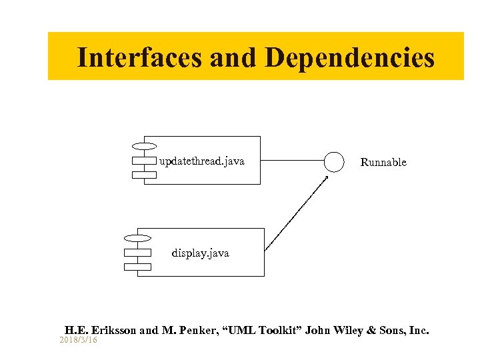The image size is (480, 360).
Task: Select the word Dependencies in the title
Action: (x=349, y=57)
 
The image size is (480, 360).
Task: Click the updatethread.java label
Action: (x=201, y=161)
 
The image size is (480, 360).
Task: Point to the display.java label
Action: (x=200, y=253)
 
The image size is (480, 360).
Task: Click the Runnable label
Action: (x=383, y=163)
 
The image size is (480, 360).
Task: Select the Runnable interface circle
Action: (x=333, y=161)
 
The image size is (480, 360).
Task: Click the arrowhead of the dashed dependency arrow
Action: (x=326, y=178)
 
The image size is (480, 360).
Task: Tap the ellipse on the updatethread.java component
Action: (x=144, y=145)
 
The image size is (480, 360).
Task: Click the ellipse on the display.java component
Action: (x=137, y=238)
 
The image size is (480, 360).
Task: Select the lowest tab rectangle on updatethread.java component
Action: (x=144, y=175)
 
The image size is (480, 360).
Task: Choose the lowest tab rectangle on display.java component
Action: (x=137, y=267)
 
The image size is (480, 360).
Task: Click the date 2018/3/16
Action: (x=78, y=340)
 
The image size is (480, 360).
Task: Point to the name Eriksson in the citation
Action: (x=115, y=330)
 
